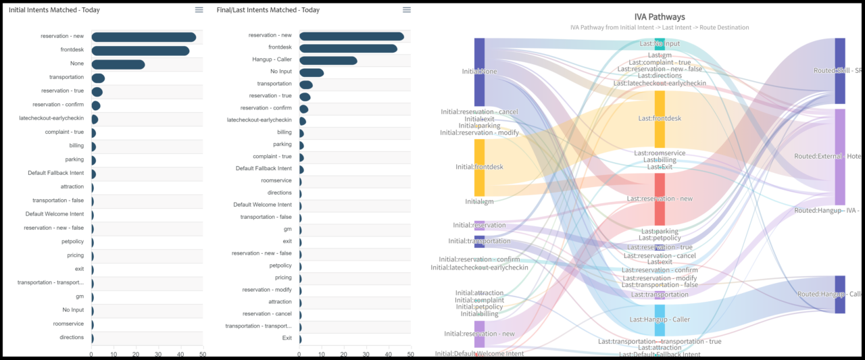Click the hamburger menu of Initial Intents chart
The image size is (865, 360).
[199, 10]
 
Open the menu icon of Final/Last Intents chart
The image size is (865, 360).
[406, 10]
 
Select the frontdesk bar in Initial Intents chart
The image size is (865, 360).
[140, 51]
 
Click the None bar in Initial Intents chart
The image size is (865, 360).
[118, 65]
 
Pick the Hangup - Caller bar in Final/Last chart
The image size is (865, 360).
[328, 61]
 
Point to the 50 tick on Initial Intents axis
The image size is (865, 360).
[202, 353]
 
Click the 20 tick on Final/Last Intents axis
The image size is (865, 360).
[344, 353]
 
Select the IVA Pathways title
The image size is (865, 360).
[659, 17]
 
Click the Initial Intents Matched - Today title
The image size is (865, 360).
[55, 10]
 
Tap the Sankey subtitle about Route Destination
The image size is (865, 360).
[659, 28]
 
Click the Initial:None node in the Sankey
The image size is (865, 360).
[479, 72]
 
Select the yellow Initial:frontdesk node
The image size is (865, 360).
[479, 168]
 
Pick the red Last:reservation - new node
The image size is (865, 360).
[660, 199]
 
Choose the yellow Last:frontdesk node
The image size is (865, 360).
[660, 119]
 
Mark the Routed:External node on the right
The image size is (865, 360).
[840, 157]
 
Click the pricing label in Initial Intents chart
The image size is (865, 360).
[75, 255]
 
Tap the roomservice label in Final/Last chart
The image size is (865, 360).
[276, 180]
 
